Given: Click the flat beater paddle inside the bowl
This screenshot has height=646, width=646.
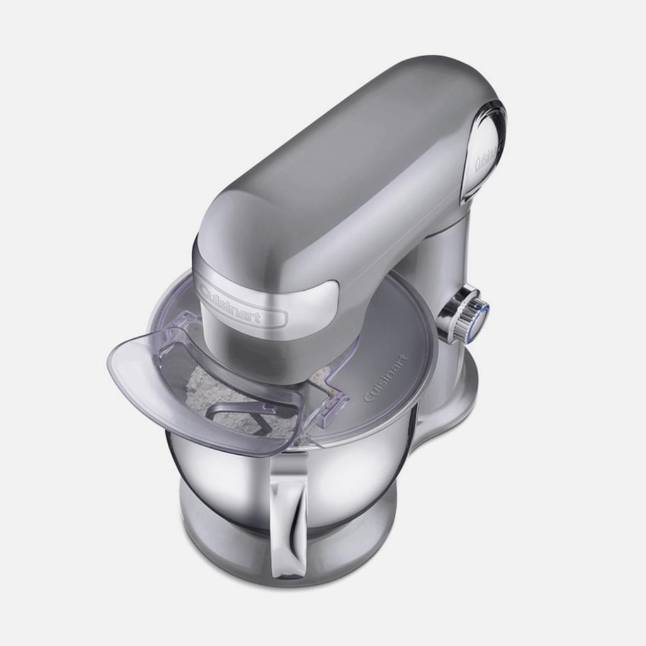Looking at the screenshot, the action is pos(231,416).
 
